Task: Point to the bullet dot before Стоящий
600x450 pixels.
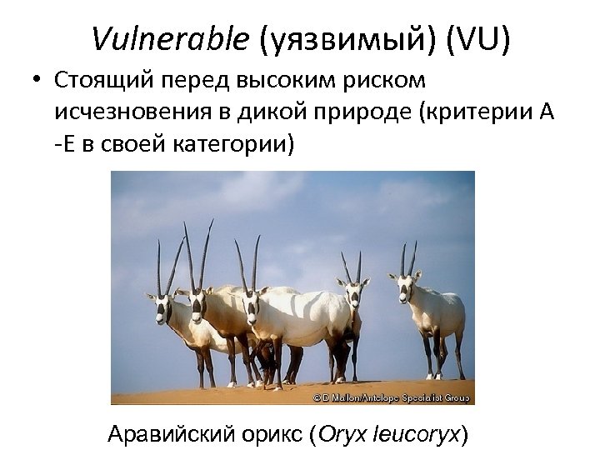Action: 38,82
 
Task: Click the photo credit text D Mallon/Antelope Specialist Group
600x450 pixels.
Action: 392,398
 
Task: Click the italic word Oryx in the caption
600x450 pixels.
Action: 338,434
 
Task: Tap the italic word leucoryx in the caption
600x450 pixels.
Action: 417,434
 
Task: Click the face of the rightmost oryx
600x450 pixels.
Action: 405,287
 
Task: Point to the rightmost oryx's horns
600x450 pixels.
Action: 407,257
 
